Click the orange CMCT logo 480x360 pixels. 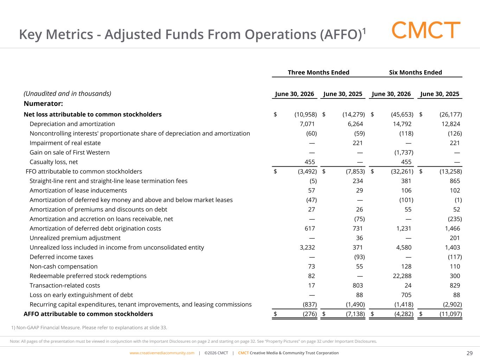(x=426, y=30)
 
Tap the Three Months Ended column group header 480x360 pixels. (x=318, y=72)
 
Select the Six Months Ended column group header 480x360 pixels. (x=416, y=72)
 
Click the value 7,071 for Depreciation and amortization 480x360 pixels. (x=307, y=124)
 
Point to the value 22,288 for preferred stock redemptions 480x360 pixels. (x=402, y=276)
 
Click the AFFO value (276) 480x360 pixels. (x=310, y=314)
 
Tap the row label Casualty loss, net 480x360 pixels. (x=54, y=162)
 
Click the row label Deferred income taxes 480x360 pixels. (x=62, y=257)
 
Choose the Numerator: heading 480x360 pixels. (x=43, y=103)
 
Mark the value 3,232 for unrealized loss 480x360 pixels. (x=307, y=247)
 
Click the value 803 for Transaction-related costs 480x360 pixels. (x=358, y=285)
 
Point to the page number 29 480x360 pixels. (x=469, y=353)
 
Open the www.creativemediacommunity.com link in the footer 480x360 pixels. (x=162, y=353)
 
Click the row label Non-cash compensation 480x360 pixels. (x=64, y=266)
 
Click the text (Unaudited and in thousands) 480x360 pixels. (x=68, y=94)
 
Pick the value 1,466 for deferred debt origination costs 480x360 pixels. (x=453, y=229)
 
